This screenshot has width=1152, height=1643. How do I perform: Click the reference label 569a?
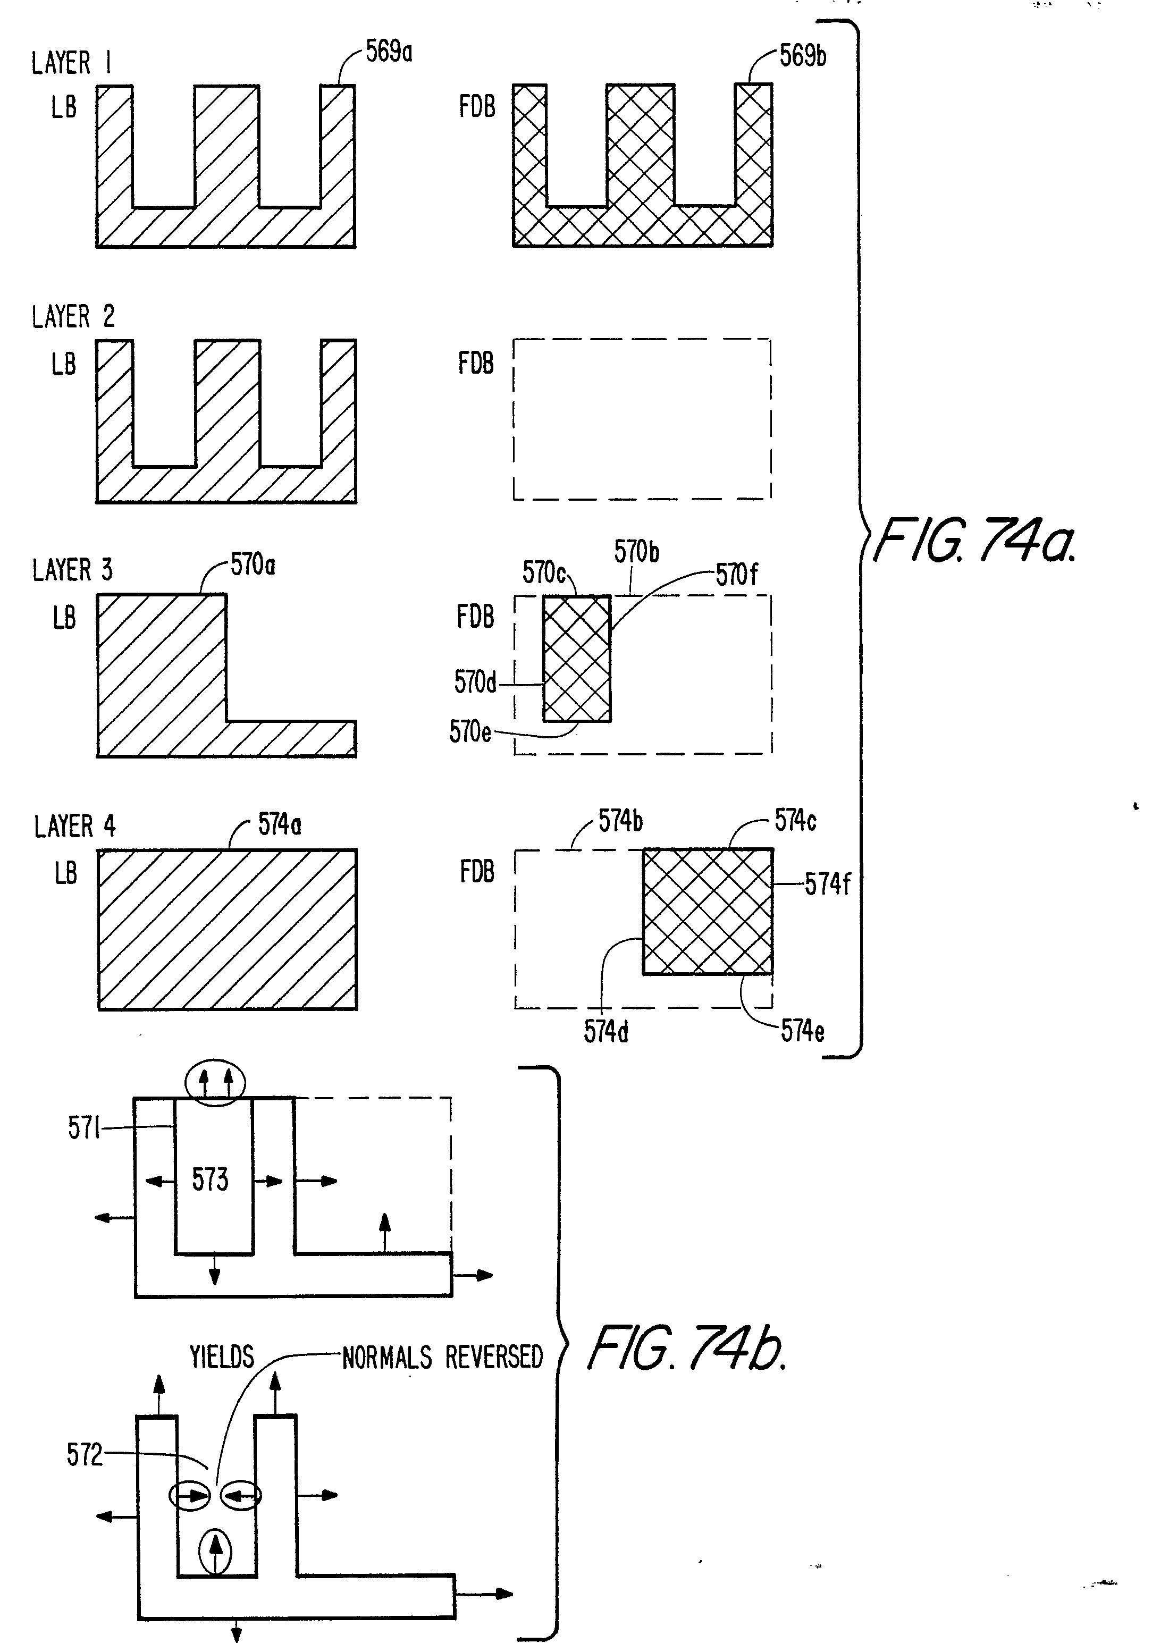coord(389,52)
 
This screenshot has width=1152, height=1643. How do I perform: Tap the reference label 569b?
coord(803,56)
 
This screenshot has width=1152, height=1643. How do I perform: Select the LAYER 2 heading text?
coord(73,316)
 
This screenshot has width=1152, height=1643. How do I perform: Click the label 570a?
coord(253,566)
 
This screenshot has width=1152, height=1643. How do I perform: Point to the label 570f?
coord(736,575)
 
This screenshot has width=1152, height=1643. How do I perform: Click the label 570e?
coord(470,732)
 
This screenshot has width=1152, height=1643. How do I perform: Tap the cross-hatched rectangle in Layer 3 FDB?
coord(577,659)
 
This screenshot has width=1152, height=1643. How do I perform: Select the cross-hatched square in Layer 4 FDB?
coord(707,911)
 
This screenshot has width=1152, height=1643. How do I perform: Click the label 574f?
coord(827,884)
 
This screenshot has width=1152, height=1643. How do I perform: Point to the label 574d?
coord(606,1031)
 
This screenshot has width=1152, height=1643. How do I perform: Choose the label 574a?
coord(279,825)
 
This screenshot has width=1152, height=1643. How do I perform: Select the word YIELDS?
coord(222,1356)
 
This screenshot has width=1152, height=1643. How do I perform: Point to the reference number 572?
coord(85,1455)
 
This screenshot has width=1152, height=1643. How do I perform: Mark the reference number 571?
coord(83,1128)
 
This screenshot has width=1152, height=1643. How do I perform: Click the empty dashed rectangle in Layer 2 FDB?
coord(642,419)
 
